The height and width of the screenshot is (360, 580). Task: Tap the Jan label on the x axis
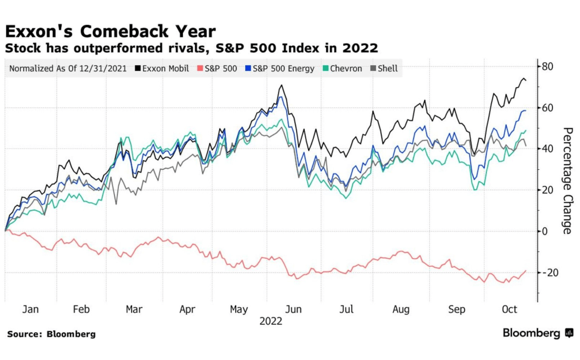click(31, 309)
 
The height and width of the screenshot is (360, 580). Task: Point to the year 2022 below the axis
click(271, 321)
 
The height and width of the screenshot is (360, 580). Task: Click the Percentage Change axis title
click(566, 180)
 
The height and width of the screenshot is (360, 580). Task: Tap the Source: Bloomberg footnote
click(52, 334)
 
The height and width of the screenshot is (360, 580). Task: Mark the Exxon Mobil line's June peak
click(280, 85)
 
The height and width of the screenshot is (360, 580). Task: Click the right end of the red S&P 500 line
click(526, 271)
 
